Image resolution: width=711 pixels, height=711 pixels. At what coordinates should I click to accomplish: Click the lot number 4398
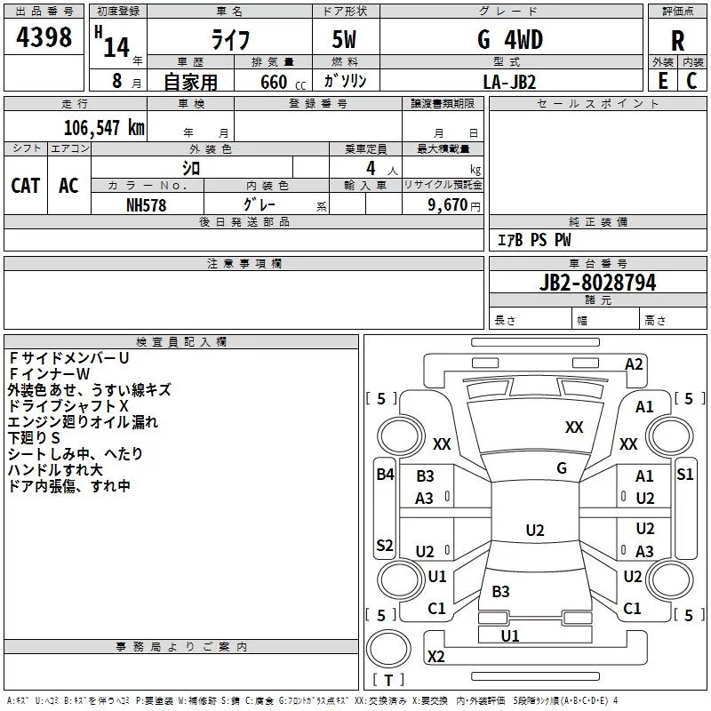(44, 38)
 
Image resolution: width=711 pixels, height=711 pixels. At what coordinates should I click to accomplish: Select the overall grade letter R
(677, 41)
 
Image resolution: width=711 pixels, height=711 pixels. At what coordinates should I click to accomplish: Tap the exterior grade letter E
(663, 80)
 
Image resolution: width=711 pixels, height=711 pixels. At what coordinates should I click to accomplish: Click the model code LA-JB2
(509, 81)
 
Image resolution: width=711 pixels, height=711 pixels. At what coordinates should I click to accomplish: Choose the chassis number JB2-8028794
(597, 283)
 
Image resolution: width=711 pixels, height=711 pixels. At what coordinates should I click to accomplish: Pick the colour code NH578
(146, 204)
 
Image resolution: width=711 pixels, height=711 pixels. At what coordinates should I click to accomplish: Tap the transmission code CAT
(25, 185)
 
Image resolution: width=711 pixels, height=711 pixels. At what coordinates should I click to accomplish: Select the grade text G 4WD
(509, 40)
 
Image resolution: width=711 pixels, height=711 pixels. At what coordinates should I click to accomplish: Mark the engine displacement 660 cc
(274, 82)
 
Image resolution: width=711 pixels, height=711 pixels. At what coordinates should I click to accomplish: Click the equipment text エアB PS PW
(533, 240)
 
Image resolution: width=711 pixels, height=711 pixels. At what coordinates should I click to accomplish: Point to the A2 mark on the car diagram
(634, 363)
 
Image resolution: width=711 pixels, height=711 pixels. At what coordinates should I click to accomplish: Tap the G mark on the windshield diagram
(562, 468)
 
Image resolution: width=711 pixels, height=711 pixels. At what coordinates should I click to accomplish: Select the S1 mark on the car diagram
(684, 474)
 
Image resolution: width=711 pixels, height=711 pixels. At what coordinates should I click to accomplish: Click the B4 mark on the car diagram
(384, 474)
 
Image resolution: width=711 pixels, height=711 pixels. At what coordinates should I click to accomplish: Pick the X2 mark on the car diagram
(435, 656)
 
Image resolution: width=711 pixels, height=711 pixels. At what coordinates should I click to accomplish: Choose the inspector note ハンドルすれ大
(55, 469)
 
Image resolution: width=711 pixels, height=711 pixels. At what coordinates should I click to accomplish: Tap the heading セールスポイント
(598, 104)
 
